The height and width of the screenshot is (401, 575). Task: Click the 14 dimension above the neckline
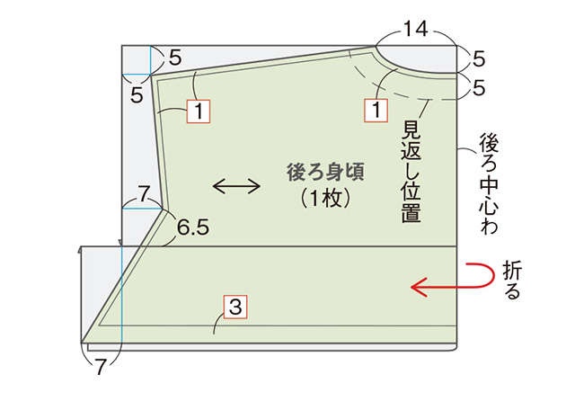click(x=416, y=29)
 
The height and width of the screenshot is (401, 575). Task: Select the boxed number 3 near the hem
click(x=235, y=306)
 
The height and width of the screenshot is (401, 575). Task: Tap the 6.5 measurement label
click(x=193, y=227)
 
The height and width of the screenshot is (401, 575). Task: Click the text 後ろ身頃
click(x=325, y=172)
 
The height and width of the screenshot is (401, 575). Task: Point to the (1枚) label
click(x=325, y=200)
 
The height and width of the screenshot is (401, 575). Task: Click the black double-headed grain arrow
click(x=236, y=186)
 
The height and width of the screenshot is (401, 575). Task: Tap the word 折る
click(x=512, y=281)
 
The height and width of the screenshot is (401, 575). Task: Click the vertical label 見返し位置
click(x=411, y=171)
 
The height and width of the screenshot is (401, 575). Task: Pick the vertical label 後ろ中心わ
click(x=489, y=183)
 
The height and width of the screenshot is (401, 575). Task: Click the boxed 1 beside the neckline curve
click(x=376, y=110)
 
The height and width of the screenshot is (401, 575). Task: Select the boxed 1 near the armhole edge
click(x=199, y=111)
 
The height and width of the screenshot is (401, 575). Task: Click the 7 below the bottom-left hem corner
click(x=100, y=367)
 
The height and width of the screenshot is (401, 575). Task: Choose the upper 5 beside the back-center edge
click(x=478, y=59)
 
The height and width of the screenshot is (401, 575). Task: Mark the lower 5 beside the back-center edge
click(x=478, y=88)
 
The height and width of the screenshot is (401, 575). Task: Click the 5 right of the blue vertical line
click(x=175, y=58)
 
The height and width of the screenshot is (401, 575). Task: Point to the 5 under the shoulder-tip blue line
click(x=137, y=95)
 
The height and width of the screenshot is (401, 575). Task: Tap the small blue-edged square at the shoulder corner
click(x=136, y=60)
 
